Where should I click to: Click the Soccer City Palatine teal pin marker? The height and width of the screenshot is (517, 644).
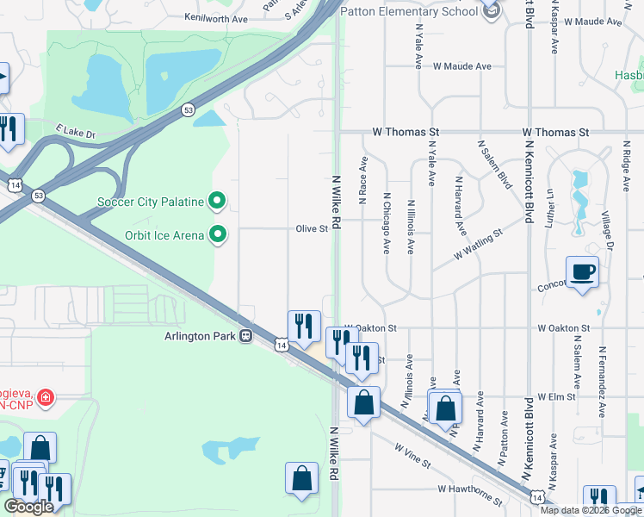218,202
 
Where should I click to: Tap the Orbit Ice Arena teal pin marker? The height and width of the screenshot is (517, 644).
218,234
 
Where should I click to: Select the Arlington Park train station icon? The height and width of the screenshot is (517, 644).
246,336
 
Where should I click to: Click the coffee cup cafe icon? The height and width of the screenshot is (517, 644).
582,272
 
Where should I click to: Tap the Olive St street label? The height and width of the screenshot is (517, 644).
313,229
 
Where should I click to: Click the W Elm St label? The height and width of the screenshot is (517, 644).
555,396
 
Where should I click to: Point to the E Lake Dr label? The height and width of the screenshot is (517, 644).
77,132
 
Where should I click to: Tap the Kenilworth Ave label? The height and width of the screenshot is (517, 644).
215,18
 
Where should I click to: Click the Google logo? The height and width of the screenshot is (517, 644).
28,507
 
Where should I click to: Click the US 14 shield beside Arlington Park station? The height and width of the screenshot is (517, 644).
281,345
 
